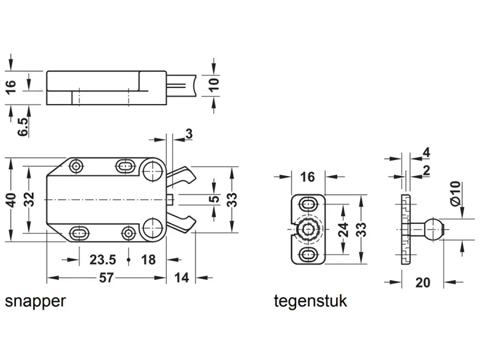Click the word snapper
35,302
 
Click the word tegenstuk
310,300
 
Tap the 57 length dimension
106,278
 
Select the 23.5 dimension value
103,260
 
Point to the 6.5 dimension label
23,126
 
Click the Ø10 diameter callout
455,193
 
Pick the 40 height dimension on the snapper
11,200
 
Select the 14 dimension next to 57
181,278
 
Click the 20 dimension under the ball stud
423,282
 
